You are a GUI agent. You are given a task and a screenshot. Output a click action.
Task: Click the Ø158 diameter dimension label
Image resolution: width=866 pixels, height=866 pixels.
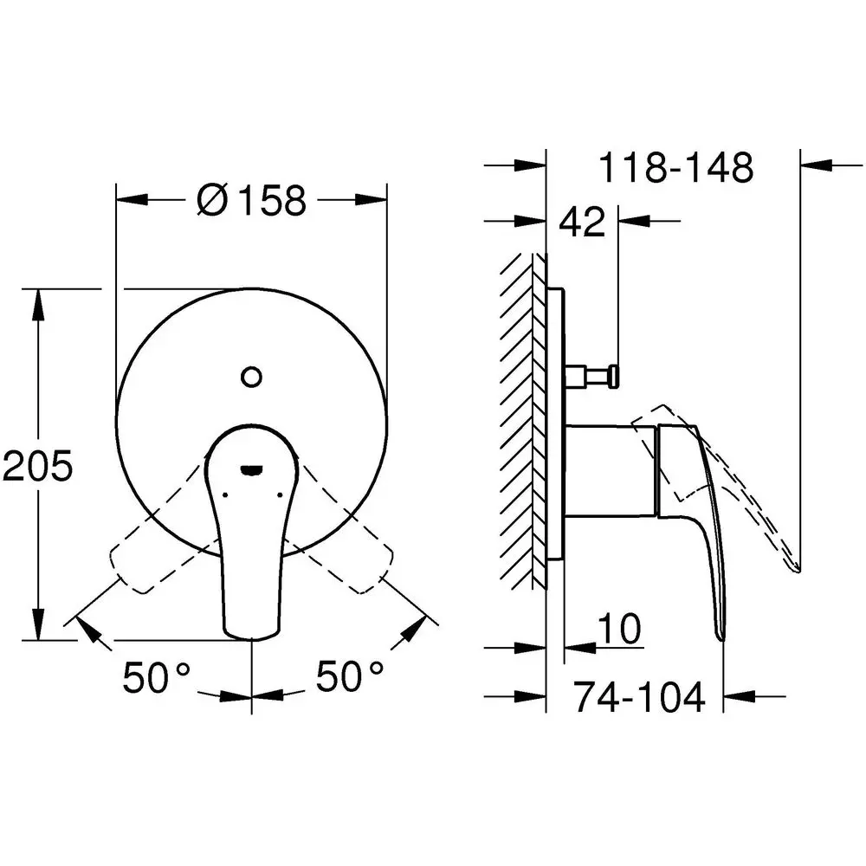tap(252, 200)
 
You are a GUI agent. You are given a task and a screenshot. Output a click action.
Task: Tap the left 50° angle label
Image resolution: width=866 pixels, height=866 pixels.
tap(157, 676)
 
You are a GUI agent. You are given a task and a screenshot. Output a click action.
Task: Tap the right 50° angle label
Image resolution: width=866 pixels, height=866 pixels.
tap(349, 676)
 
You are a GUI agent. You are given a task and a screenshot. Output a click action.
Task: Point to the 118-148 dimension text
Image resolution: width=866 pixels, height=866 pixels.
tap(676, 168)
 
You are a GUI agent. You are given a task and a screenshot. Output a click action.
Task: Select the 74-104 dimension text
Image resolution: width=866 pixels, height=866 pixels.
tap(639, 696)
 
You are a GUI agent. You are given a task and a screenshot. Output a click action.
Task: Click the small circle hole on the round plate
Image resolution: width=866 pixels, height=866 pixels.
tap(252, 377)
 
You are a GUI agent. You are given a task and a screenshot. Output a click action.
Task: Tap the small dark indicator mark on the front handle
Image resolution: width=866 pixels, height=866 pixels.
tap(252, 470)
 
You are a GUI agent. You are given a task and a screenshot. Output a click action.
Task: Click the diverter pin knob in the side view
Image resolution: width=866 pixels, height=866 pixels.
tap(612, 375)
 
